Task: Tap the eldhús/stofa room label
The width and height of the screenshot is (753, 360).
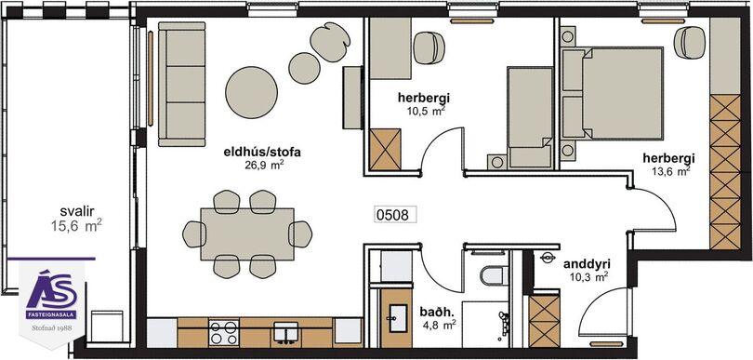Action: point(262,153)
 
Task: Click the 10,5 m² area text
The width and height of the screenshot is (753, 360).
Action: point(423,111)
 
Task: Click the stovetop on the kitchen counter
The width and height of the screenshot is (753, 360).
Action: point(224,333)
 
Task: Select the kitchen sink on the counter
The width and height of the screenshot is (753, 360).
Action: point(285,333)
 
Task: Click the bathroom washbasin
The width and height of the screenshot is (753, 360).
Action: point(398,318)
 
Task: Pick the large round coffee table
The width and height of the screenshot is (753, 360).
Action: point(252,92)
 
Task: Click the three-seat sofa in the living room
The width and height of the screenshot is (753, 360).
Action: point(181,84)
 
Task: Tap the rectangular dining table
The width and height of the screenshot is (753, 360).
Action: point(247,234)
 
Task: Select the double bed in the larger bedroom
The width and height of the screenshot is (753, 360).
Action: point(612,93)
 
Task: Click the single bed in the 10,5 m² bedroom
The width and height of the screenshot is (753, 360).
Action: point(530,118)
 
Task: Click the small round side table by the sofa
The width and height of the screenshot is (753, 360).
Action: point(305,68)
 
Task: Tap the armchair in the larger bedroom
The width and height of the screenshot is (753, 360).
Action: point(689,42)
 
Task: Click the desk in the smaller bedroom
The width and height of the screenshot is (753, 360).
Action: point(390,48)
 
